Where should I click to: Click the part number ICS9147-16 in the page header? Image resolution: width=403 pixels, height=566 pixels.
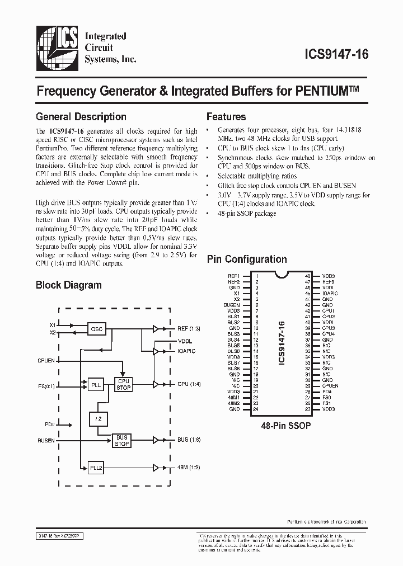pyautogui.click(x=335, y=55)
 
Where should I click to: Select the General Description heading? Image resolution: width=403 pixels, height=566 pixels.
pyautogui.click(x=81, y=117)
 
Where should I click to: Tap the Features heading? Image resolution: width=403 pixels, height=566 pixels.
pyautogui.click(x=226, y=117)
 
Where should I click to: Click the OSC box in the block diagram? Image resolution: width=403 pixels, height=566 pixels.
pyautogui.click(x=97, y=329)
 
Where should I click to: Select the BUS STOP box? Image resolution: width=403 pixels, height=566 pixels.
pyautogui.click(x=121, y=441)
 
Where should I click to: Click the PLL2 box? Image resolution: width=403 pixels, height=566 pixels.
pyautogui.click(x=96, y=467)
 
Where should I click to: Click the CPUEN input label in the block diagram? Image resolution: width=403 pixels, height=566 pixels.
pyautogui.click(x=46, y=361)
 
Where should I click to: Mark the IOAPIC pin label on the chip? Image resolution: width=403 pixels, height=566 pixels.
pyautogui.click(x=330, y=293)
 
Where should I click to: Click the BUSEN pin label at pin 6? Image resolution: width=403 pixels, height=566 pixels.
pyautogui.click(x=232, y=304)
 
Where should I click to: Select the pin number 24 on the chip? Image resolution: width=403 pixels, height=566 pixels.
pyautogui.click(x=256, y=409)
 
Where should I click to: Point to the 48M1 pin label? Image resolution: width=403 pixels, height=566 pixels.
pyautogui.click(x=234, y=398)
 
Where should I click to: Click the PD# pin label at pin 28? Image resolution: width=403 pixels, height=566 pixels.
pyautogui.click(x=327, y=392)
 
